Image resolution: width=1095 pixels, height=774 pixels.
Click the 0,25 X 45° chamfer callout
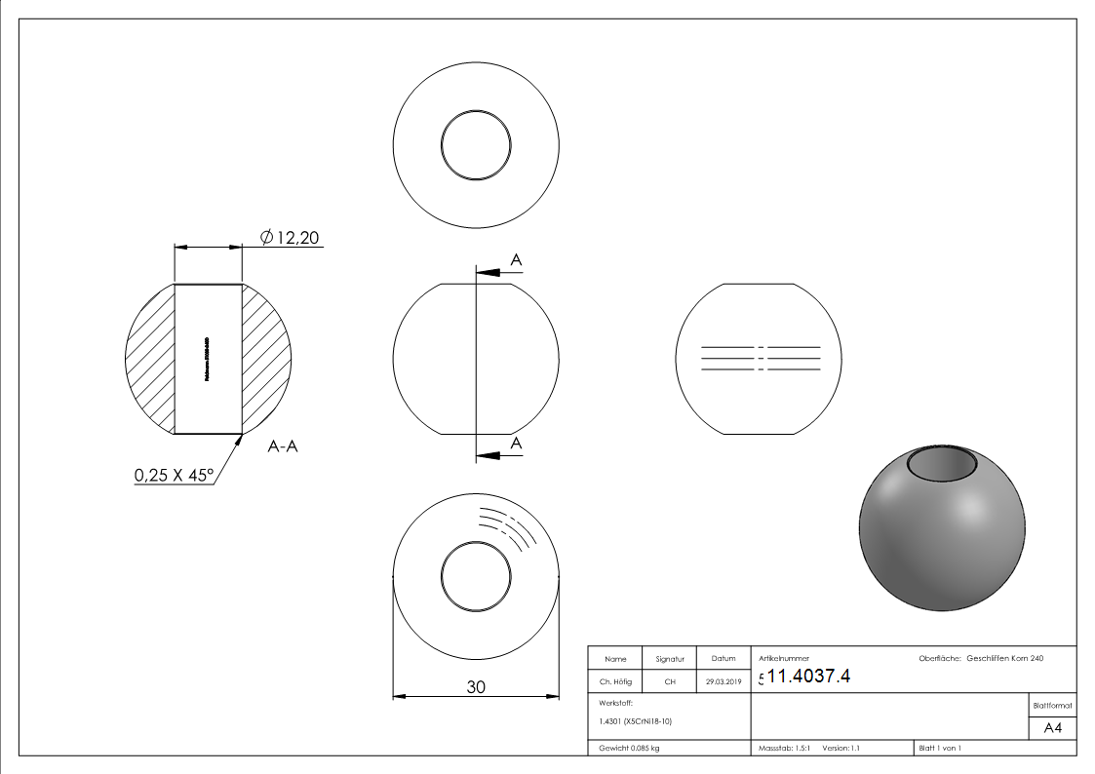[174, 476]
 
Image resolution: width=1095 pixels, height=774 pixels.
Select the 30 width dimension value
[476, 686]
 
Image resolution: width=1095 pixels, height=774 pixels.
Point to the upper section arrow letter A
[516, 259]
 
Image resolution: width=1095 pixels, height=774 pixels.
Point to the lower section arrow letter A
[516, 444]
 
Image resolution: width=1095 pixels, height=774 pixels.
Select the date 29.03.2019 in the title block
[723, 682]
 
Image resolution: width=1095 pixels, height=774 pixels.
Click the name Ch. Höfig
[615, 682]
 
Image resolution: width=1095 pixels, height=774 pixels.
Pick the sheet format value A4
[1052, 728]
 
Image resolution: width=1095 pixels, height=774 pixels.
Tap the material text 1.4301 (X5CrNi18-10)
[636, 721]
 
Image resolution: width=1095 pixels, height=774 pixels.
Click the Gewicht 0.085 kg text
[630, 748]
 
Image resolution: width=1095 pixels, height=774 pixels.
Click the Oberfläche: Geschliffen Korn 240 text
[981, 659]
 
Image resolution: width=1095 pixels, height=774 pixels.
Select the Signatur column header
[670, 659]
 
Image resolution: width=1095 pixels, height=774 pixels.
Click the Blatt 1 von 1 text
[940, 748]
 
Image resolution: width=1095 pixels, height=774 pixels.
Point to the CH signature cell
[670, 682]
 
